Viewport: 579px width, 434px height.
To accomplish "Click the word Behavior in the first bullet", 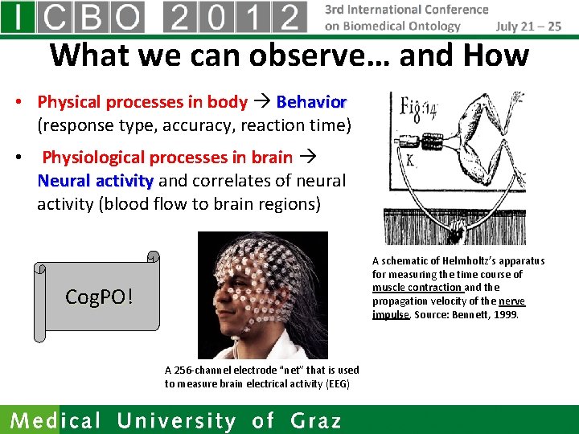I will tap(311, 102).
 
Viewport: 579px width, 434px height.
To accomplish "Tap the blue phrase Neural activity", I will tap(95, 181).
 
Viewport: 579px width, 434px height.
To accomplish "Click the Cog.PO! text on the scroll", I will tap(99, 297).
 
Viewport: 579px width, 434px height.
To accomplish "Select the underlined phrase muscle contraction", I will tap(417, 287).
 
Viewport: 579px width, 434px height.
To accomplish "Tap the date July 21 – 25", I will tap(528, 26).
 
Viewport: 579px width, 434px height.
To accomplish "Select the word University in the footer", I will tap(177, 420).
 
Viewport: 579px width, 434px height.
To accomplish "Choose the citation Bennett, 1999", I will tap(487, 314).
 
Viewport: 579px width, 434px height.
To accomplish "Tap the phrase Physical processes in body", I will tap(142, 102).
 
